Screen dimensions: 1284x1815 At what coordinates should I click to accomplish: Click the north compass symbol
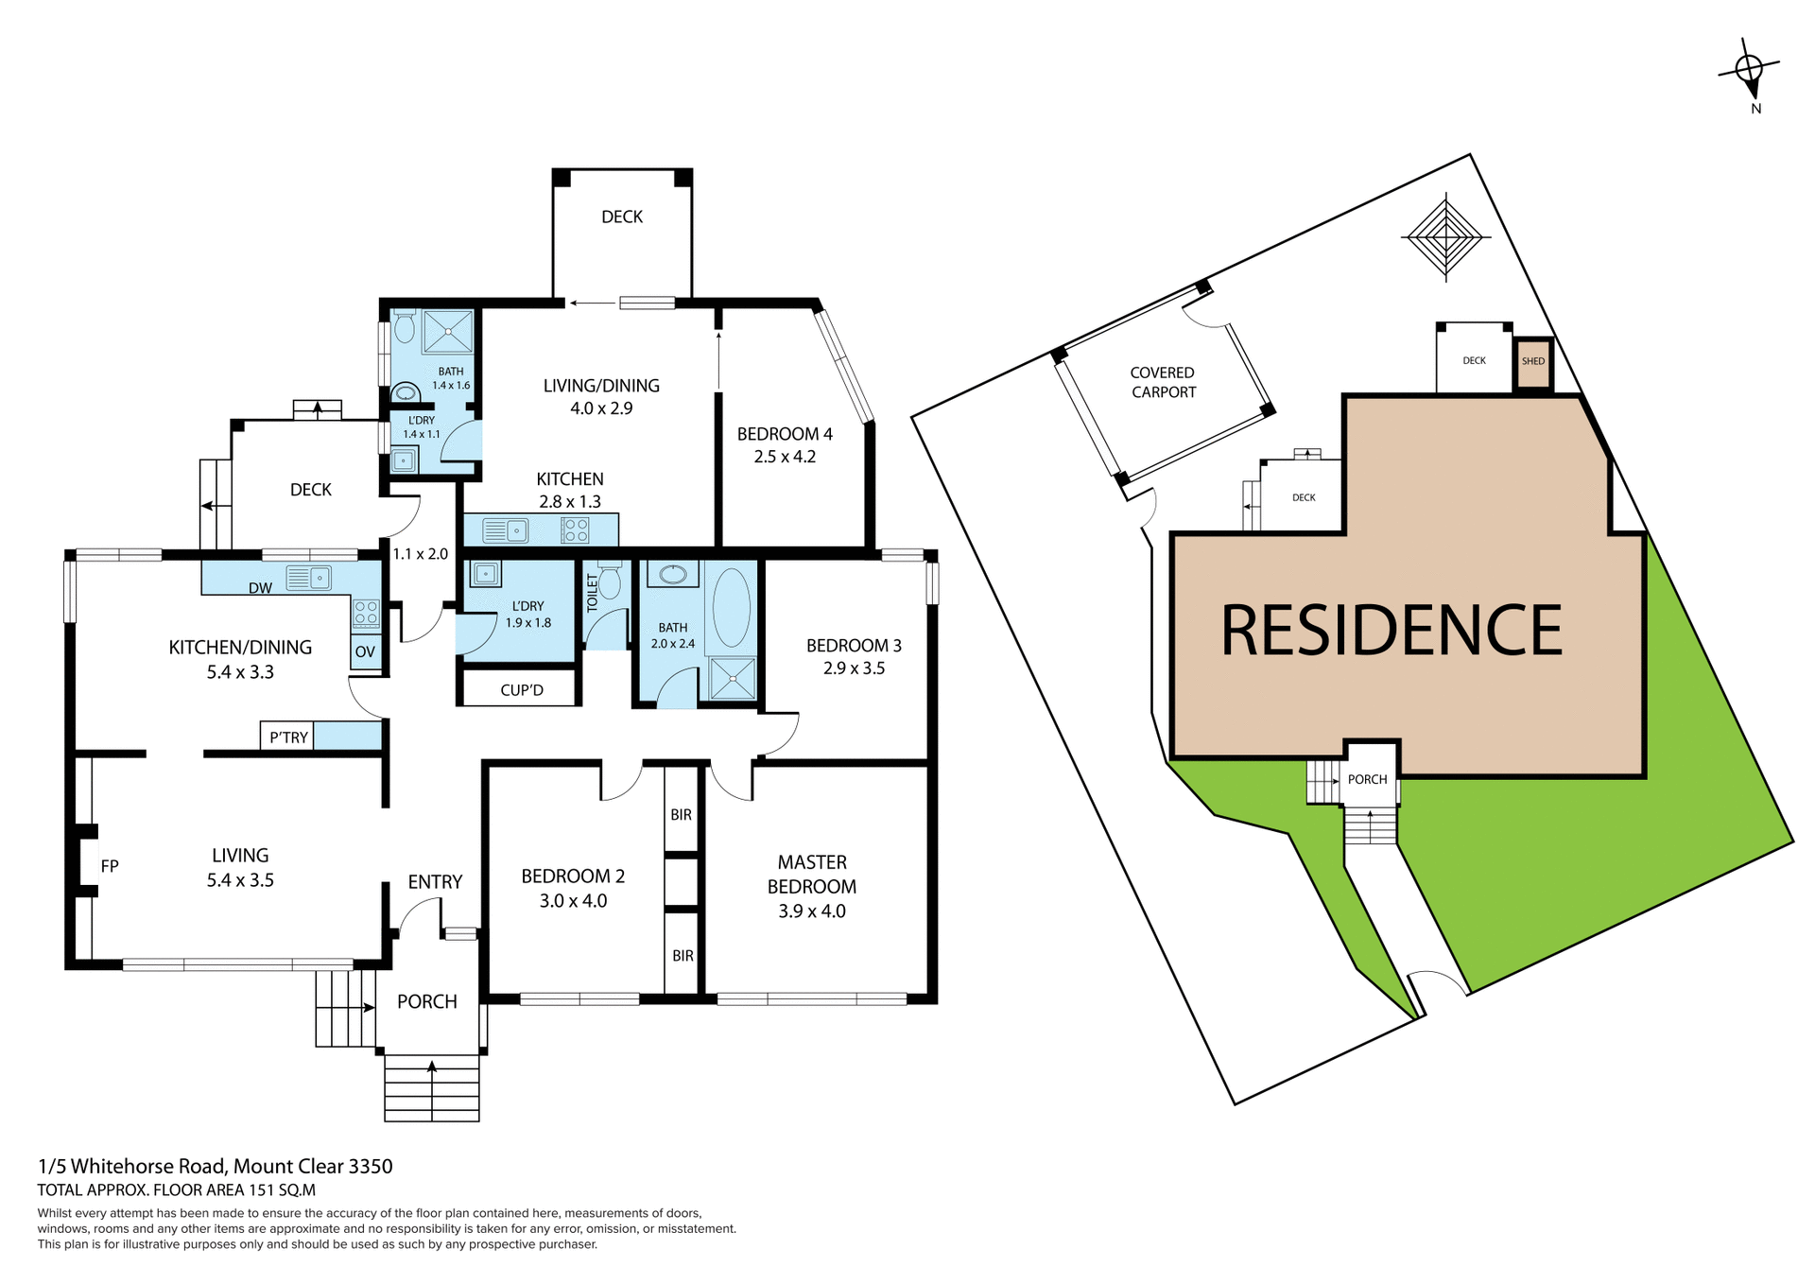1749,71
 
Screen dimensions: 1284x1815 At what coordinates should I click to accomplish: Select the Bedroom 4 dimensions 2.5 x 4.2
784,457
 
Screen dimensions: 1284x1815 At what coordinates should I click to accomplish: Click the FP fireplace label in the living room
110,865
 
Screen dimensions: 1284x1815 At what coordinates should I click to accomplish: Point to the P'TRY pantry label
288,737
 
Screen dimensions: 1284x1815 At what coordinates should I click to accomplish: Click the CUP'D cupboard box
521,689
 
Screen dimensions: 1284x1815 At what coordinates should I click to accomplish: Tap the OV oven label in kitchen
365,651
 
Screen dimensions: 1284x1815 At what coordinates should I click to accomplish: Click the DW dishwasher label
260,588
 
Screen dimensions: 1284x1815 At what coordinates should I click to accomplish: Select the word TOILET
593,593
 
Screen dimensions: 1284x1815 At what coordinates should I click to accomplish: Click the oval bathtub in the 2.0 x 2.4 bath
731,607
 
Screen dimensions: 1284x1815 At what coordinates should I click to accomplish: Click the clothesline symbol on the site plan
1445,236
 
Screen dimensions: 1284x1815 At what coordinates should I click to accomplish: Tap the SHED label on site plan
1533,361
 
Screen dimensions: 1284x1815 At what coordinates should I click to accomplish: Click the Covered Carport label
1163,382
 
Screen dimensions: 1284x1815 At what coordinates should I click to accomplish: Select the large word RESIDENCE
1391,630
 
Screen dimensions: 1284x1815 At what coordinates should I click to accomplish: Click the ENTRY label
435,881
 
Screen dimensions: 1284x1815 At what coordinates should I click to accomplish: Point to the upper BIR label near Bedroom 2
681,814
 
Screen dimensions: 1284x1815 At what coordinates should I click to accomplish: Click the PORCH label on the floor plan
426,1001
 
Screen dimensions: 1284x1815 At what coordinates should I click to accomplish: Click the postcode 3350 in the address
371,1166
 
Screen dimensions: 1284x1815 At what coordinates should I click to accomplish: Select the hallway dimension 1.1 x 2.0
420,554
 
